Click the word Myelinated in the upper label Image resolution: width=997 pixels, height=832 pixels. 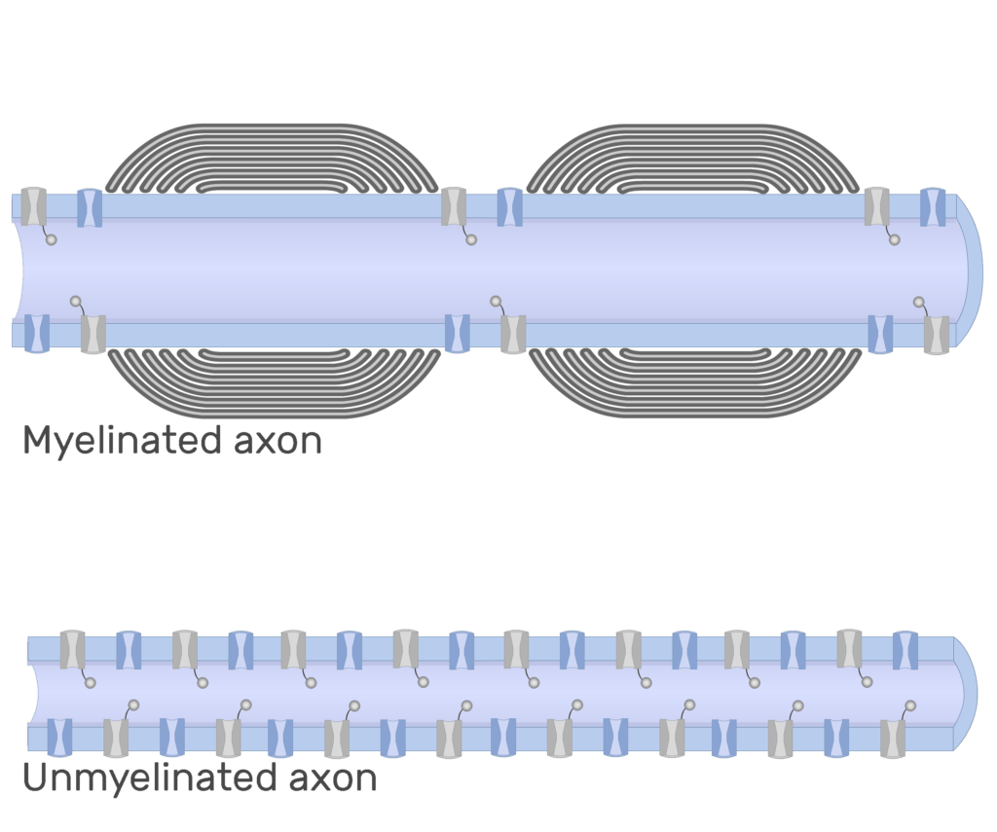pyautogui.click(x=122, y=441)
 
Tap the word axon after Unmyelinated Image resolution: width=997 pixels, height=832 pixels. pyautogui.click(x=332, y=778)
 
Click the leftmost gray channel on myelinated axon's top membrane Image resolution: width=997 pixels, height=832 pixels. pyautogui.click(x=34, y=207)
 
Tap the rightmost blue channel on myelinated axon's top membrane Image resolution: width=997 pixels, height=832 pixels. pyautogui.click(x=933, y=207)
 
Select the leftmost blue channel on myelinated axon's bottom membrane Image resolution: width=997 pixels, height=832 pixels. pyautogui.click(x=36, y=334)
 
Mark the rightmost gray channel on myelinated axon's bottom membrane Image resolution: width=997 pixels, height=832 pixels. pyautogui.click(x=937, y=334)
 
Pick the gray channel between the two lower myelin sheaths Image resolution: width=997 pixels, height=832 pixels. pyautogui.click(x=513, y=334)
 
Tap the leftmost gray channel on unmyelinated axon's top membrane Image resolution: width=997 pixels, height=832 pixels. pyautogui.click(x=72, y=649)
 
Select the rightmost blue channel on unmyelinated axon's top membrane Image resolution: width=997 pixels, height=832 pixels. pyautogui.click(x=905, y=649)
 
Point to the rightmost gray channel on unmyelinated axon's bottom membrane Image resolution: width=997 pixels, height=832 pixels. pyautogui.click(x=893, y=738)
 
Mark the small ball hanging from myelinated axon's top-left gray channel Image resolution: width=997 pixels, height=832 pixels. pyautogui.click(x=52, y=239)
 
